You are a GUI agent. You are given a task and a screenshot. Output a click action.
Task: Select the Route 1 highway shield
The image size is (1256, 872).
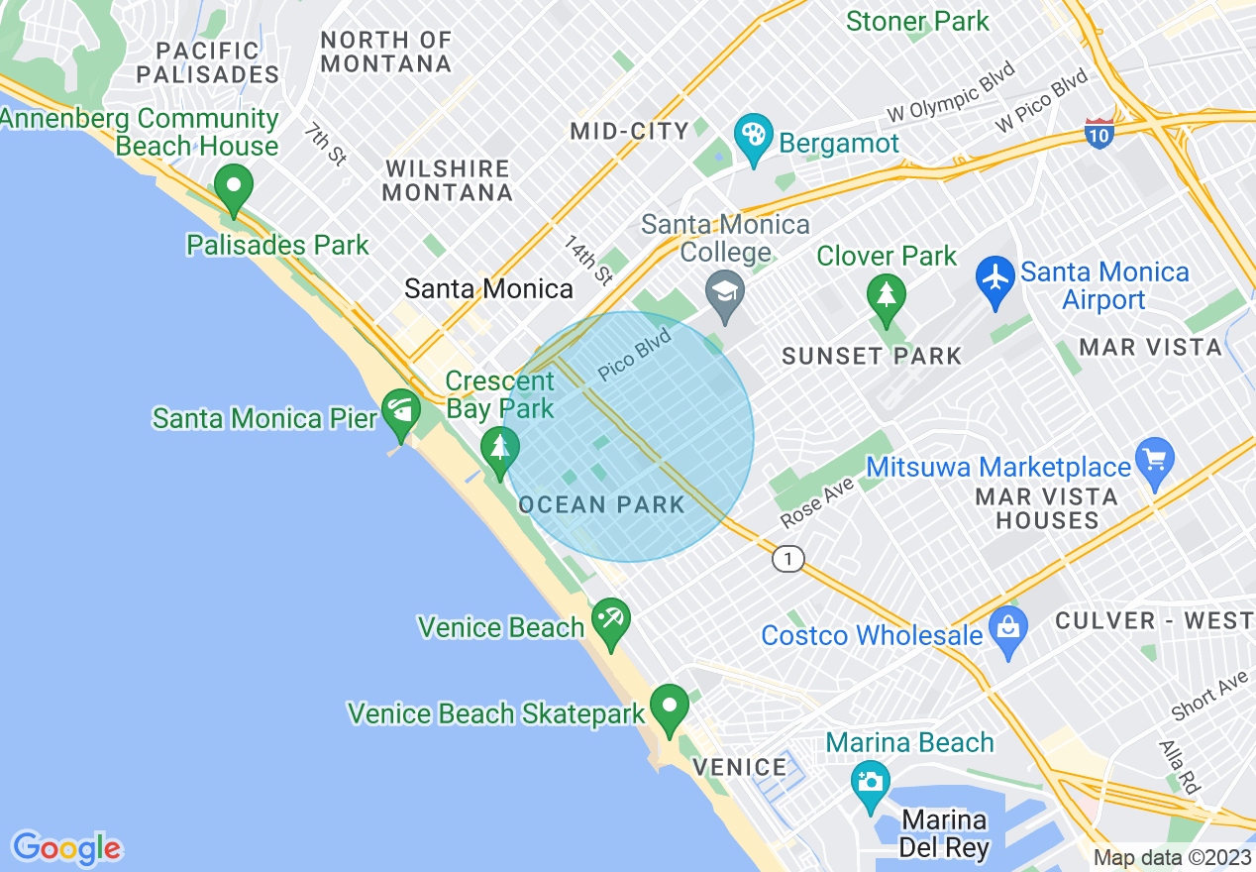787,560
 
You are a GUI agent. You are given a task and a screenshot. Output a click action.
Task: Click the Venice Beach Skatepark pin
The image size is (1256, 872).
670,706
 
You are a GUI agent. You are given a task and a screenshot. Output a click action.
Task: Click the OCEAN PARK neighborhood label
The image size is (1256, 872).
601,504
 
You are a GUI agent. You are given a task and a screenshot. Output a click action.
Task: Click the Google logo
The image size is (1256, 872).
66,848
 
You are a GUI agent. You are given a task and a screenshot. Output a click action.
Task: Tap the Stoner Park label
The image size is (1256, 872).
917,21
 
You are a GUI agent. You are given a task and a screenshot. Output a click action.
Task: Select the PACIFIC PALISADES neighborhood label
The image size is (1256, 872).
208,61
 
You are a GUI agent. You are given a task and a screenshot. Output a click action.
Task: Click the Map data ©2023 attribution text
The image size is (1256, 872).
1172,858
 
